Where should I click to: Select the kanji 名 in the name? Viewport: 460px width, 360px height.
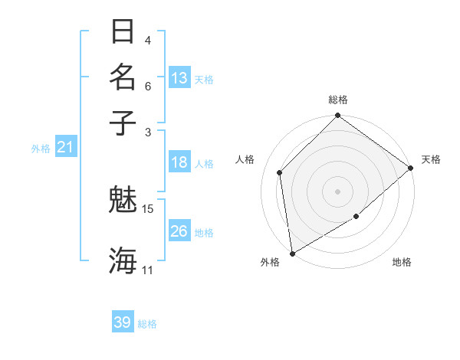[123, 77]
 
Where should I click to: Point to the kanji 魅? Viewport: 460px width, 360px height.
[123, 201]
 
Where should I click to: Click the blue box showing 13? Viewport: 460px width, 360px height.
[179, 78]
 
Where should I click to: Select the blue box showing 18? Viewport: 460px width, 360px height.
[179, 162]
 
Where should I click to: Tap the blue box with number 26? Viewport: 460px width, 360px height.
[179, 231]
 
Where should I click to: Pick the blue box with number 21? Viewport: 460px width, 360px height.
[64, 147]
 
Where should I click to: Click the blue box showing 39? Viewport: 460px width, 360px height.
[123, 322]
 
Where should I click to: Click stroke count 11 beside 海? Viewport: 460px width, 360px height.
[148, 270]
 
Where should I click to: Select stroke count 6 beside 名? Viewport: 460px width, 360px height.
[148, 86]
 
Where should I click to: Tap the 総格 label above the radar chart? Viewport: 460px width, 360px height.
[337, 100]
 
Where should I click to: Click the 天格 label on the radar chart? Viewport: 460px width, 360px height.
[431, 159]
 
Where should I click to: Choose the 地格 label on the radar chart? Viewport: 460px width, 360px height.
[402, 263]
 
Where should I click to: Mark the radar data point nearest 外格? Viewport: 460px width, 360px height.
[292, 253]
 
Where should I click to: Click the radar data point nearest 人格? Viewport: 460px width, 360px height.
[280, 172]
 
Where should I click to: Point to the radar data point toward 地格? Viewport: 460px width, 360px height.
[356, 217]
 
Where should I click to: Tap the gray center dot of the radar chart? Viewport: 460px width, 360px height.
[337, 191]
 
